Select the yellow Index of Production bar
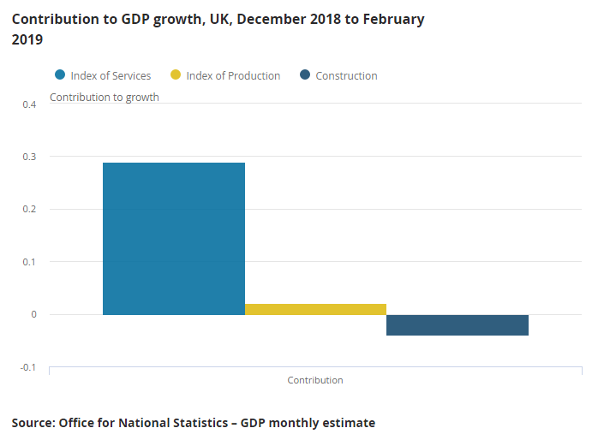[315, 309]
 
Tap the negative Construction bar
[457, 325]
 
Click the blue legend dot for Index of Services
[60, 75]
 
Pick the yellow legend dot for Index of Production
[176, 75]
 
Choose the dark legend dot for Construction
[305, 75]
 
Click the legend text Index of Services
[111, 76]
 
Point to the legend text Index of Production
[233, 76]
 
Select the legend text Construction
[346, 76]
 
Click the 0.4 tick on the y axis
[30, 104]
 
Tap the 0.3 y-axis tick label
[30, 157]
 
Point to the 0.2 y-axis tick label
[30, 209]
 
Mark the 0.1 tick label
[30, 262]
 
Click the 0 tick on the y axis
[33, 314]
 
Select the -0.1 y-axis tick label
[28, 367]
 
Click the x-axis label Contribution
[315, 380]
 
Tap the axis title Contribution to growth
[105, 98]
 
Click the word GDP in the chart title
[147, 19]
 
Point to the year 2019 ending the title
[28, 39]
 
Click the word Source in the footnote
[32, 423]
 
